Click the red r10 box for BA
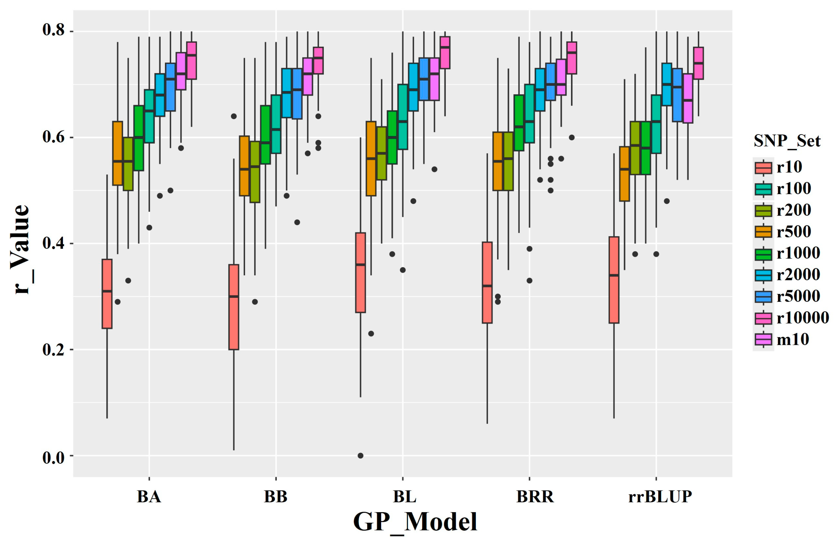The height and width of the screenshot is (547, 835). [x=107, y=294]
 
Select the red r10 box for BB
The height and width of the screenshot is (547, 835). [x=234, y=307]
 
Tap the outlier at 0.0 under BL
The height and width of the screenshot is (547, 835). [x=360, y=456]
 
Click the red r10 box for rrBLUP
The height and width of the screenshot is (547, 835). [x=614, y=280]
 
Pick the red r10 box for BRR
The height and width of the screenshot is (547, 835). [x=487, y=282]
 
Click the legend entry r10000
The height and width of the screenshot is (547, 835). [x=802, y=318]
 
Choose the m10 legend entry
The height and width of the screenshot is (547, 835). [x=793, y=339]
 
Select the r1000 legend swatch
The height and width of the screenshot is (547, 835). [x=763, y=253]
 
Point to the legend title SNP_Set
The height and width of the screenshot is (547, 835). [x=787, y=141]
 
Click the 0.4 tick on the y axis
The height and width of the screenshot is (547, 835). [x=53, y=244]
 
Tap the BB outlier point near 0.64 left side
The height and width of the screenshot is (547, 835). [x=234, y=116]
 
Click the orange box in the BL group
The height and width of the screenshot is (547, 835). [x=371, y=159]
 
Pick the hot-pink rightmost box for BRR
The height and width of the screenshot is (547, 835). [x=572, y=58]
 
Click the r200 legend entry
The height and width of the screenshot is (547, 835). [x=793, y=210]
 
